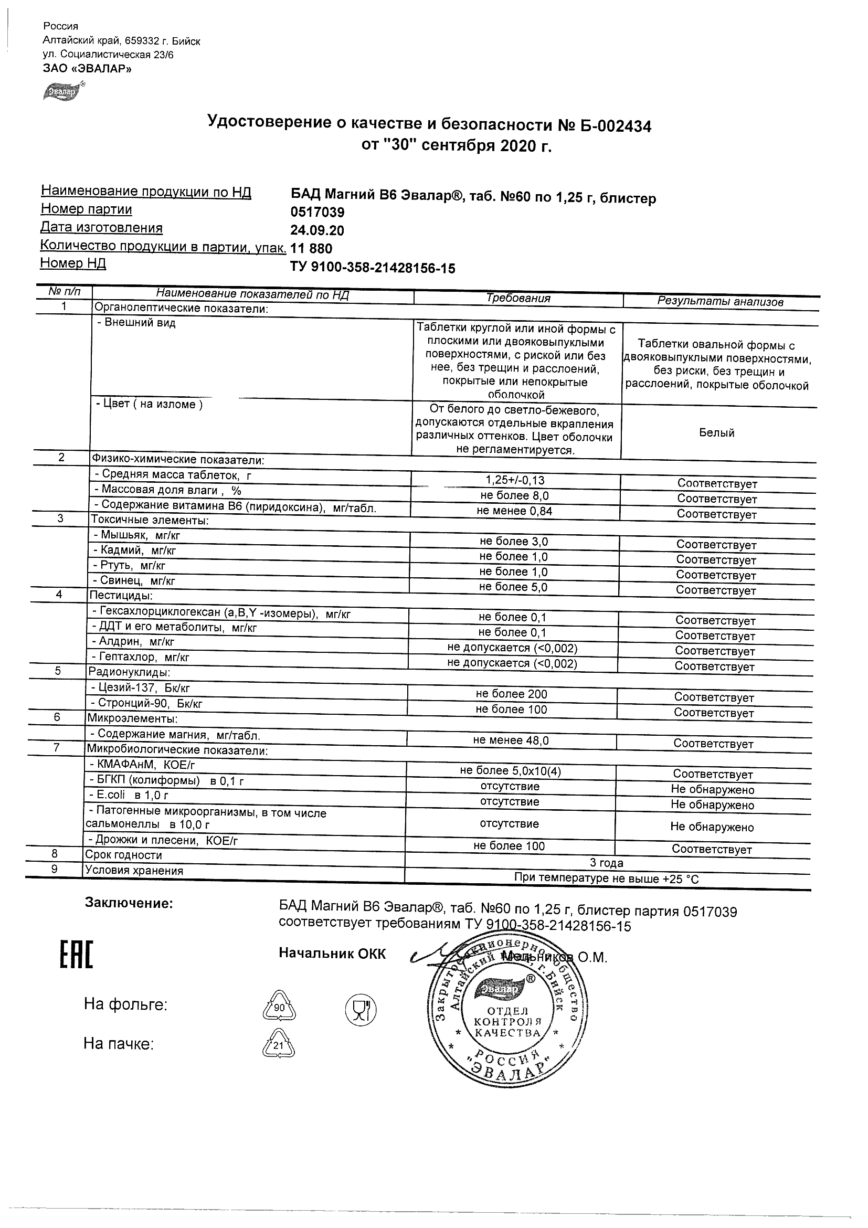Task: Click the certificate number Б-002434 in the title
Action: (614, 126)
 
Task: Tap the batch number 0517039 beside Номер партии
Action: (317, 213)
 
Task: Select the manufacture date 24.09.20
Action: (317, 230)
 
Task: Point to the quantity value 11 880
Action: (311, 249)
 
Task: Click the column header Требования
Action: (517, 299)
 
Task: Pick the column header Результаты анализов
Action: (720, 302)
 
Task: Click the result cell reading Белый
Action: (717, 433)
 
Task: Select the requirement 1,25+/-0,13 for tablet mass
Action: (515, 480)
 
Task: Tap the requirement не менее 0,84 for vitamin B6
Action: (514, 511)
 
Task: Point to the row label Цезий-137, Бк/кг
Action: (141, 689)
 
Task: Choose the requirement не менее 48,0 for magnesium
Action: (511, 740)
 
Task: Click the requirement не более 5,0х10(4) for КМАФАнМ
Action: (510, 771)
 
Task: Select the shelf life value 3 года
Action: (607, 863)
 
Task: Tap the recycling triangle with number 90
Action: (279, 1008)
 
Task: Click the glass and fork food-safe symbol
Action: (361, 1009)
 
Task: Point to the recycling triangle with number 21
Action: (279, 1045)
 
